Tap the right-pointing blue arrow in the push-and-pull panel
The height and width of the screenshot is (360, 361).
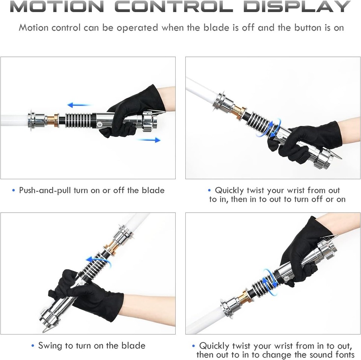[x=149, y=140]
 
